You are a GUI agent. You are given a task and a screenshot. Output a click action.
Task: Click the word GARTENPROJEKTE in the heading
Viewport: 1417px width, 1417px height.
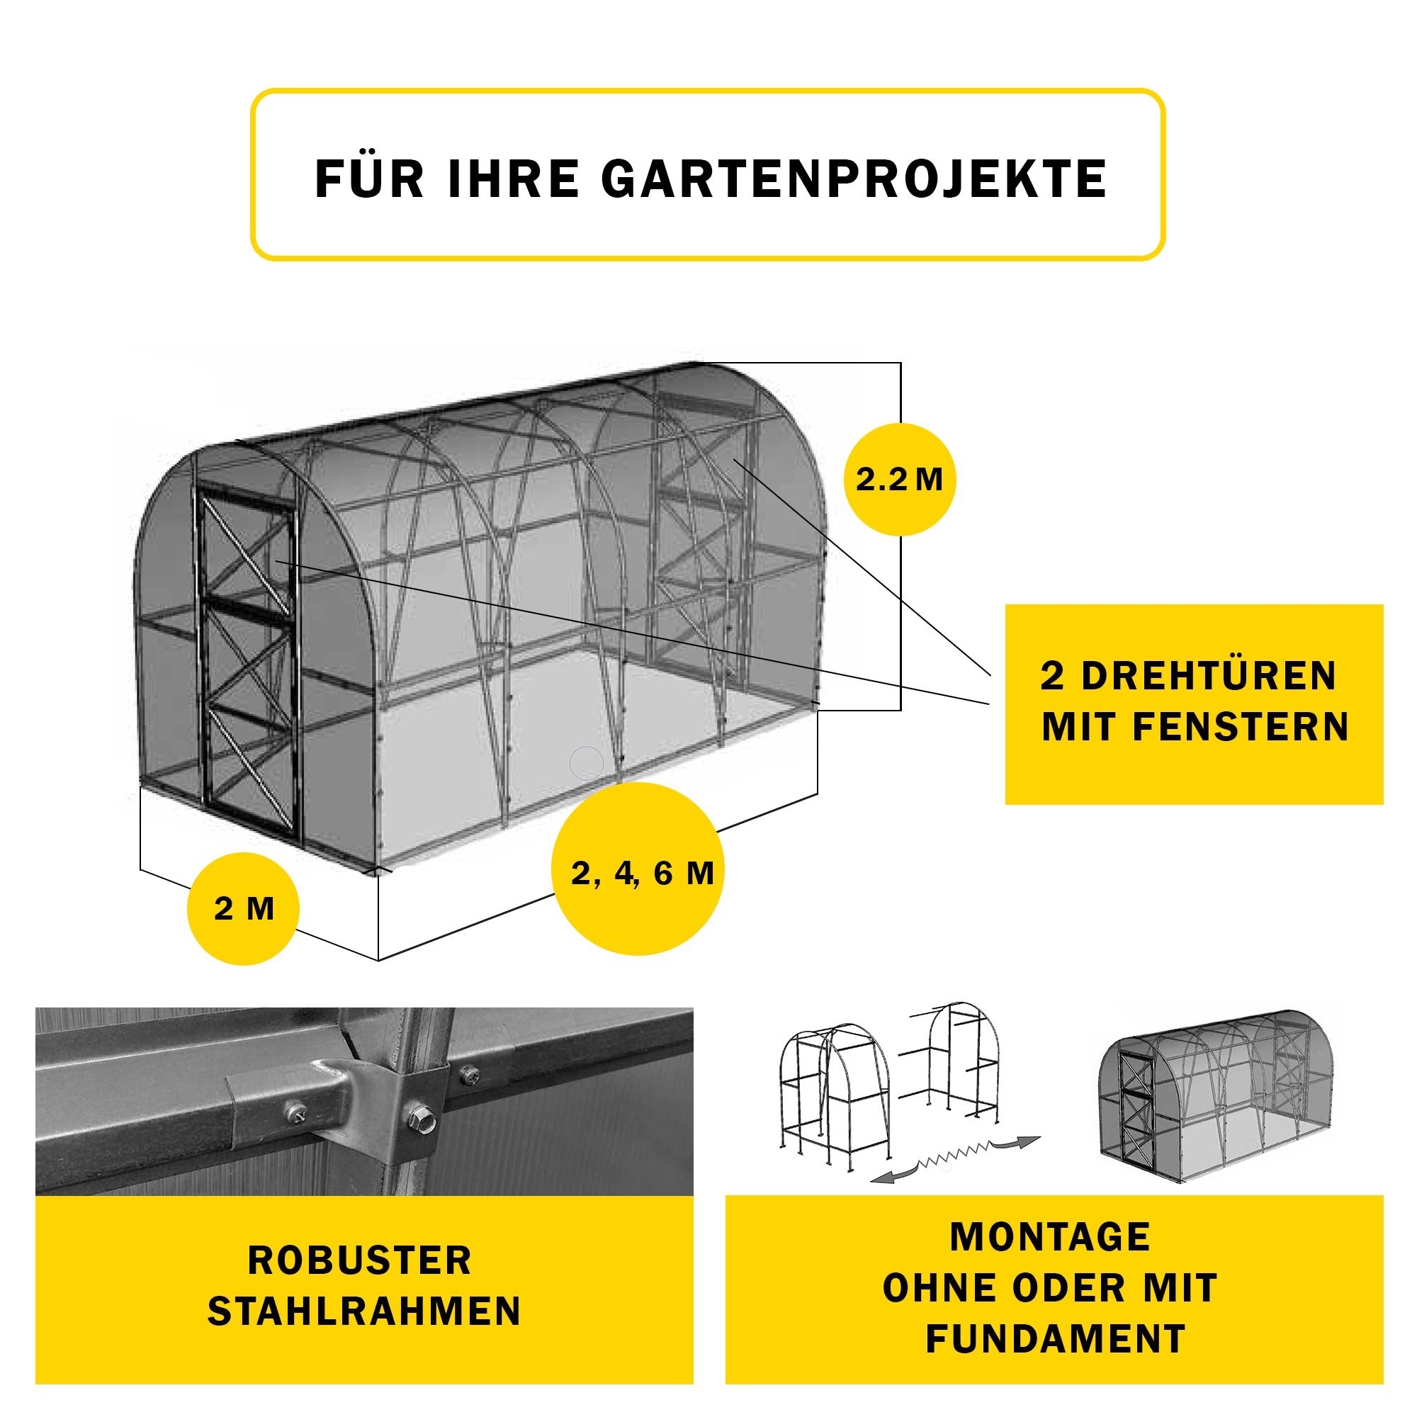coord(854,179)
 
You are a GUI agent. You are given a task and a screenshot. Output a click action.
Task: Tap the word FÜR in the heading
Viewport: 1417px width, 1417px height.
coord(370,179)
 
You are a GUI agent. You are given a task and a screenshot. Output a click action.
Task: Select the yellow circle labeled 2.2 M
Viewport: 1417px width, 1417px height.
coord(899,480)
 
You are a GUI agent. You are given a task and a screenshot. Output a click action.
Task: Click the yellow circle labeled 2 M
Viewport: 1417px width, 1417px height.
coord(244,909)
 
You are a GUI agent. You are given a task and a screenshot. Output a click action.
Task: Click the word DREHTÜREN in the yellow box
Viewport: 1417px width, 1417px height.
coord(1209,675)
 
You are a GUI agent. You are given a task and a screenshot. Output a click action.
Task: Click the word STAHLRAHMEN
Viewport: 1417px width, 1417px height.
coord(363,1311)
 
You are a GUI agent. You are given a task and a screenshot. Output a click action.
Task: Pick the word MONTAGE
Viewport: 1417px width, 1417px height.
coord(1050,1237)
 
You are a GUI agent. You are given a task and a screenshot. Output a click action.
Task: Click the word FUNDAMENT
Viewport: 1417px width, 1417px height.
coord(1056,1338)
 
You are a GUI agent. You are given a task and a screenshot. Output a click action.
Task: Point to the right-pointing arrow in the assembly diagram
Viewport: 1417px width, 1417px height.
coord(1018,1143)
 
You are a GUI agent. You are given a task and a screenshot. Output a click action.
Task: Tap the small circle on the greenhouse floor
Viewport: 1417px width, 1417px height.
coord(586,763)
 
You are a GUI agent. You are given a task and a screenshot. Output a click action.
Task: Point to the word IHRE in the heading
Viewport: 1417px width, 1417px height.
coord(514,179)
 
